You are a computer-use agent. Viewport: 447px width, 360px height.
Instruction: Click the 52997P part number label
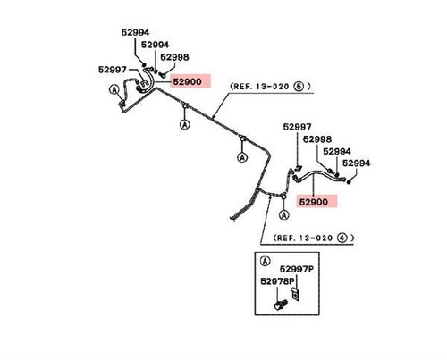click(x=297, y=269)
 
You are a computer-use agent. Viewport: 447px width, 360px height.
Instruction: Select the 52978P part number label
click(x=277, y=281)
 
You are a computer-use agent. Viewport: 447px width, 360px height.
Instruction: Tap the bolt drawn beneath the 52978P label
click(x=280, y=306)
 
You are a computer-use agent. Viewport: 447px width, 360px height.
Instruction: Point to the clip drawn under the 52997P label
click(x=295, y=294)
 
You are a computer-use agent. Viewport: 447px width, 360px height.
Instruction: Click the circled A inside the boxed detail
click(x=265, y=261)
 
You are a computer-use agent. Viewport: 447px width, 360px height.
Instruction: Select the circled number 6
click(x=299, y=87)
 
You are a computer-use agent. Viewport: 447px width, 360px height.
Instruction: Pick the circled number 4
click(x=342, y=238)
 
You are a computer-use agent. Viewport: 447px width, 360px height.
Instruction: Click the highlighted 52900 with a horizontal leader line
click(x=188, y=81)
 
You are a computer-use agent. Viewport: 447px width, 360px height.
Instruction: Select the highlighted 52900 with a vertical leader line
click(x=314, y=202)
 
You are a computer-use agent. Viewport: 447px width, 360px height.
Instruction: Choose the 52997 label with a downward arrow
click(x=297, y=127)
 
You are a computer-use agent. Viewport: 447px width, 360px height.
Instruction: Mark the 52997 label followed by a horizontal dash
click(x=113, y=70)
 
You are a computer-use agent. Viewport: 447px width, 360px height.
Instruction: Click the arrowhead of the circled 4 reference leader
click(x=270, y=197)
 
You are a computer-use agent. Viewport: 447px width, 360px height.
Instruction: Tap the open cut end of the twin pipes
click(x=232, y=219)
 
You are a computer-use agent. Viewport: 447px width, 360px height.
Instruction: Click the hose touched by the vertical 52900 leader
click(x=319, y=173)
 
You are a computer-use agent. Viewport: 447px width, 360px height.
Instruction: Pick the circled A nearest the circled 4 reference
click(x=284, y=214)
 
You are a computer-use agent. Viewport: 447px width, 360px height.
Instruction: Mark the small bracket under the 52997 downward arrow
click(x=298, y=169)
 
